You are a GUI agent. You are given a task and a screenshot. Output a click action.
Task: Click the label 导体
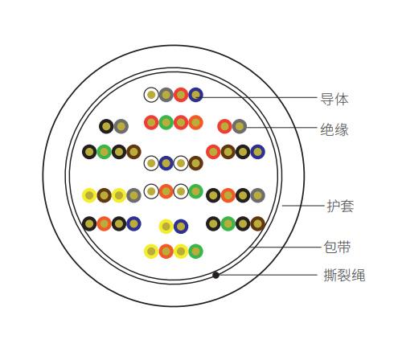[x=334, y=99]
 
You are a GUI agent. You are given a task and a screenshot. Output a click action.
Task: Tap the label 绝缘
[x=334, y=129]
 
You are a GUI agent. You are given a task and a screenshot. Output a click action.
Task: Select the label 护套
[x=340, y=206]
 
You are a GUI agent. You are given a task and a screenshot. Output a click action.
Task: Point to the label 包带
[x=337, y=247]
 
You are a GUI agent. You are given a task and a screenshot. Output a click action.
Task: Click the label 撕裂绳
[x=344, y=275]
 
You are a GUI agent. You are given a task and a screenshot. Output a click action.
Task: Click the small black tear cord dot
[x=215, y=275]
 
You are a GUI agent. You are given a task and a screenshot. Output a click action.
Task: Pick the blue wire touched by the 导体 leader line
[x=196, y=95]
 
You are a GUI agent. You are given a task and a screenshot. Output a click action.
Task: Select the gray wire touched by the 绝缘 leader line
[x=240, y=126]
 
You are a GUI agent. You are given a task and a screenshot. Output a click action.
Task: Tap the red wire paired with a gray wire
[x=224, y=126]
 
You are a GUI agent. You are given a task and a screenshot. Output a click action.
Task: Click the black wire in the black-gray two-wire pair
[x=106, y=126]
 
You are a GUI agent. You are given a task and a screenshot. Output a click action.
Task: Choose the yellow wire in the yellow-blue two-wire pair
[x=166, y=227]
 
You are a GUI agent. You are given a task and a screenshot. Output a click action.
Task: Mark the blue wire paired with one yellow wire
[x=181, y=227]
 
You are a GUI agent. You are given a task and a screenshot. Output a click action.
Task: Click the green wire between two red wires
[x=166, y=122]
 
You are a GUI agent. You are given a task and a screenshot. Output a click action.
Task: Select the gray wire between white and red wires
[x=166, y=95]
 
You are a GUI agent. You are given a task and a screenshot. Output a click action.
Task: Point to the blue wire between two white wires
[x=166, y=163]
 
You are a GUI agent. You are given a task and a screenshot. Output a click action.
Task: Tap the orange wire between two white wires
[x=166, y=191]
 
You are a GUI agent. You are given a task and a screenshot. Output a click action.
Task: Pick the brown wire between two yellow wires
[x=104, y=195]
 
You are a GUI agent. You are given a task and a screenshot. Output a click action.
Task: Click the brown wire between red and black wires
[x=228, y=152]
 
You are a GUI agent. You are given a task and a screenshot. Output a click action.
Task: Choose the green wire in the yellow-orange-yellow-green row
[x=196, y=252]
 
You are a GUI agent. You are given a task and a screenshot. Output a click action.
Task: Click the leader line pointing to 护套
[x=303, y=206]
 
